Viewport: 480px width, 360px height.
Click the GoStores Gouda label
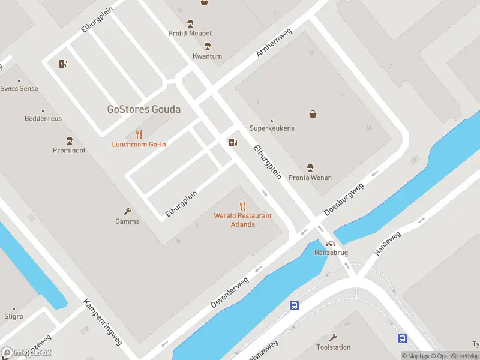143,109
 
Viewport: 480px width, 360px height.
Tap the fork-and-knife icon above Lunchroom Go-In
139,134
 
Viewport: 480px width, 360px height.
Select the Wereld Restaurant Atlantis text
242,220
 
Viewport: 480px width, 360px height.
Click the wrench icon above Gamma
127,211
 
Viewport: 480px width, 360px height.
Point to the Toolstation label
333,347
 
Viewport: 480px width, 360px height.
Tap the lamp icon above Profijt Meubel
190,23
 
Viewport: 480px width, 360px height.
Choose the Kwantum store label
207,56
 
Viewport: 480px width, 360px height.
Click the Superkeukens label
272,128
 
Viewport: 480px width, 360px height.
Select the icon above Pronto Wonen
310,167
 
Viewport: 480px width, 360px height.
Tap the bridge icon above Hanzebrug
331,244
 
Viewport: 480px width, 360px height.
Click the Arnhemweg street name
274,42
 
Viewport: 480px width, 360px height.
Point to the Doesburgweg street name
344,200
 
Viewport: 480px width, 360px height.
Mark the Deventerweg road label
229,293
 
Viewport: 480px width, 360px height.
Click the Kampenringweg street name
103,322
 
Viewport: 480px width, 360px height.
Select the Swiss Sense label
19,88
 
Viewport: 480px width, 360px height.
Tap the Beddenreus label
43,119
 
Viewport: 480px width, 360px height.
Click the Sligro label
13,316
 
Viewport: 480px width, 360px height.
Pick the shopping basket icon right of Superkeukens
313,113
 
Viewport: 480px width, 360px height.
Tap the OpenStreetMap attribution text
455,356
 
